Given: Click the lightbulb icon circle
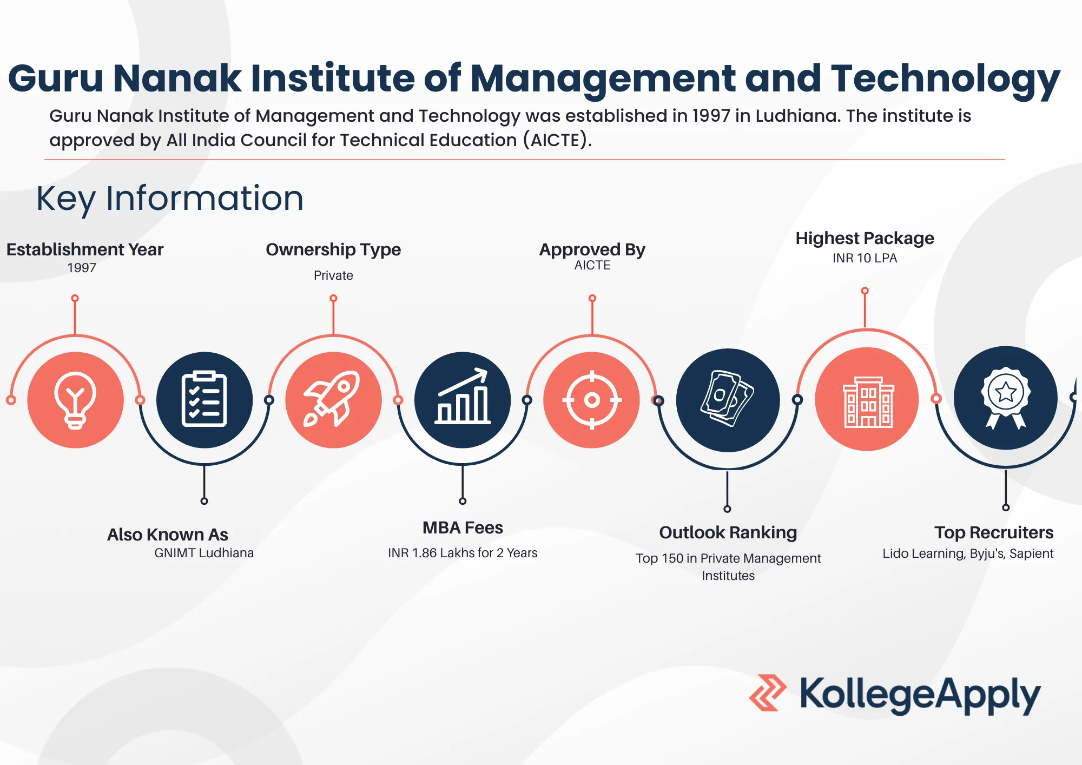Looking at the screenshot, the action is [75, 400].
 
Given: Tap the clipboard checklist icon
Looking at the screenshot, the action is [204, 400].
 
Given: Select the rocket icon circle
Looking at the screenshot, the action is [333, 400].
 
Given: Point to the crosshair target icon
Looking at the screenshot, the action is [592, 400].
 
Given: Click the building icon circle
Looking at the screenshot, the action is [867, 399].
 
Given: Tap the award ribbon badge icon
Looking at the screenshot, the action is [1006, 398].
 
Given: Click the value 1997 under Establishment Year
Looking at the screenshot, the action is [82, 268].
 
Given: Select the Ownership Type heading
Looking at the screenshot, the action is [333, 249].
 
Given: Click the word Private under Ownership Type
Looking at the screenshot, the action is [333, 275].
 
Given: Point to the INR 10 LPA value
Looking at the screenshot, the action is [865, 258].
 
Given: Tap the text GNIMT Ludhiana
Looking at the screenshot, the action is [204, 553].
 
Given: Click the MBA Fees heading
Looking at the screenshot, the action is [463, 527].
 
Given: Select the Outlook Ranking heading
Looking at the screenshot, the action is [728, 532].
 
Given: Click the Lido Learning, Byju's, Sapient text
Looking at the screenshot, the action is [968, 553].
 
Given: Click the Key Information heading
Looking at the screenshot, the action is [170, 199].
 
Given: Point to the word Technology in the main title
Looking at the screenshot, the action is [945, 79].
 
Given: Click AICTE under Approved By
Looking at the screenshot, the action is [592, 265].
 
